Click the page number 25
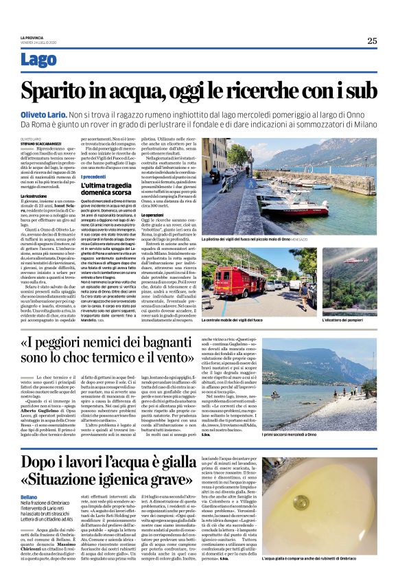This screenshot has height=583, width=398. point(371,41)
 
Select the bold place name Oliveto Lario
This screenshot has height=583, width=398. point(43,117)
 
